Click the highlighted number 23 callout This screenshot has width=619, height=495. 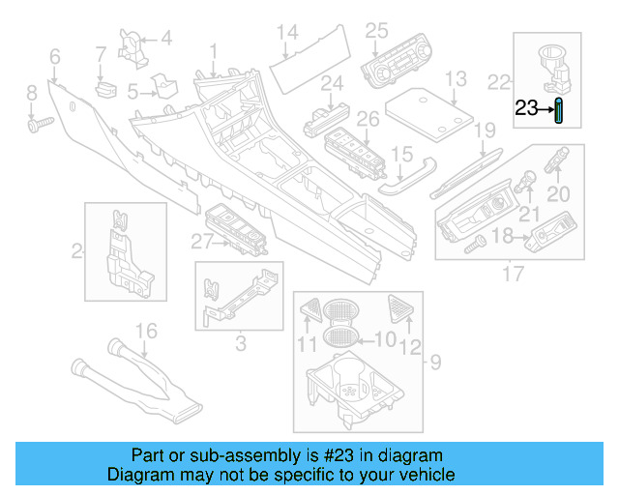tap(527, 109)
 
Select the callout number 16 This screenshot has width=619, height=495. tap(144, 332)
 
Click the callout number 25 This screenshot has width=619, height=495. tap(376, 30)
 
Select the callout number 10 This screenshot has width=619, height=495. tap(385, 339)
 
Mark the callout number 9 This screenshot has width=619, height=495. tap(434, 363)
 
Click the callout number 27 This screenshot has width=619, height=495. tap(200, 241)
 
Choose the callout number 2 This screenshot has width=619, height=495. tap(76, 252)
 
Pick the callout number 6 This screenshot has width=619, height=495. tap(54, 57)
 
